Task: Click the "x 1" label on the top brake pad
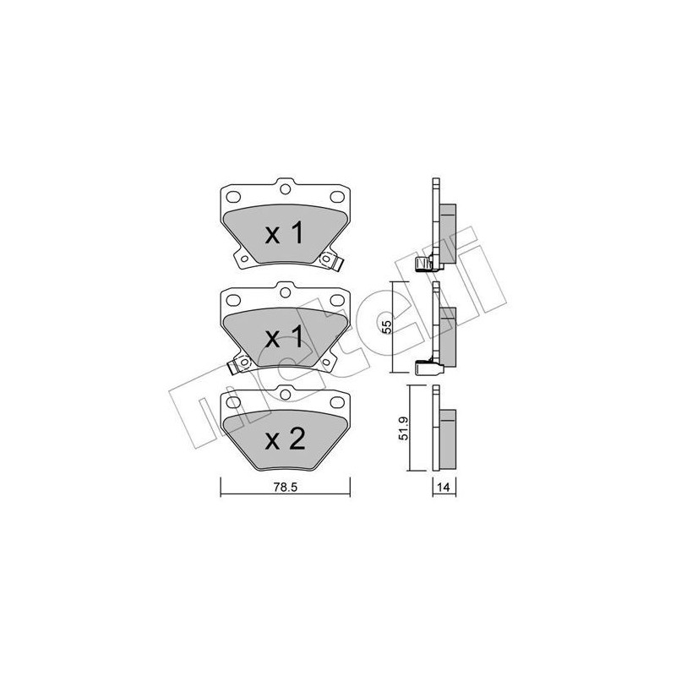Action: pyautogui.click(x=284, y=235)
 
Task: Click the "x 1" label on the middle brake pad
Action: pyautogui.click(x=284, y=338)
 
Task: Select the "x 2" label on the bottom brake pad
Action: pyautogui.click(x=284, y=439)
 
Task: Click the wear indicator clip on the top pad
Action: pyautogui.click(x=335, y=264)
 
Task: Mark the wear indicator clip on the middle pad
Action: pyautogui.click(x=236, y=366)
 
